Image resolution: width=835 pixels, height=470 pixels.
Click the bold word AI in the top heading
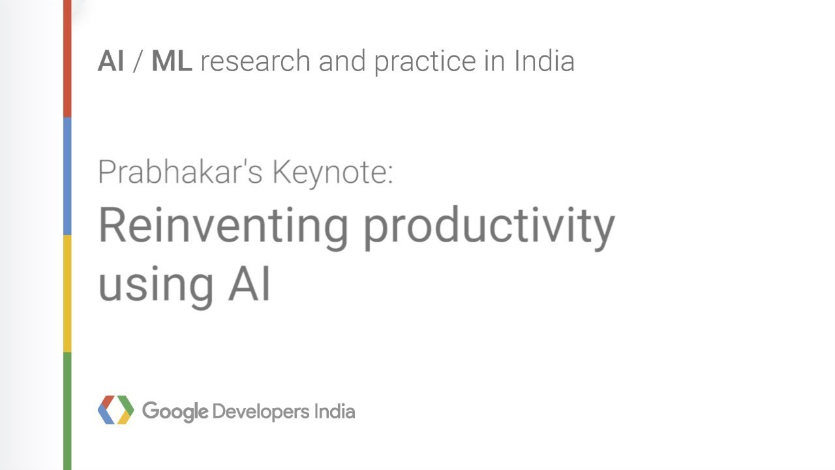click(111, 61)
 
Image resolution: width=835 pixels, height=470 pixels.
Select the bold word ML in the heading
click(172, 61)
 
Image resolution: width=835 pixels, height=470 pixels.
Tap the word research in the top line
click(255, 61)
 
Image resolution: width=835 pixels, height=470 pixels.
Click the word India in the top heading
click(544, 61)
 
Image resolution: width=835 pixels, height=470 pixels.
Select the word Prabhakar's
click(180, 172)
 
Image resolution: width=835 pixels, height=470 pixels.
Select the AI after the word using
click(249, 284)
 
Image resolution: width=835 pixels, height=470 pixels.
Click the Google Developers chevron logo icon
click(115, 410)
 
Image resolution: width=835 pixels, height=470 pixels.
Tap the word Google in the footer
click(175, 412)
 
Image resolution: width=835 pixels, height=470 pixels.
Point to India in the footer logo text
click(335, 412)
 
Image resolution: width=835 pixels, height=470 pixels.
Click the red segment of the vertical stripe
click(67, 59)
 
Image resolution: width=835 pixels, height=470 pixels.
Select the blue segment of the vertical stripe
click(67, 176)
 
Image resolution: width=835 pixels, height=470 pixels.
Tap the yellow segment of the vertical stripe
click(67, 294)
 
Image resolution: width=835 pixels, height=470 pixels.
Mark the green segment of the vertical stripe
click(67, 411)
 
